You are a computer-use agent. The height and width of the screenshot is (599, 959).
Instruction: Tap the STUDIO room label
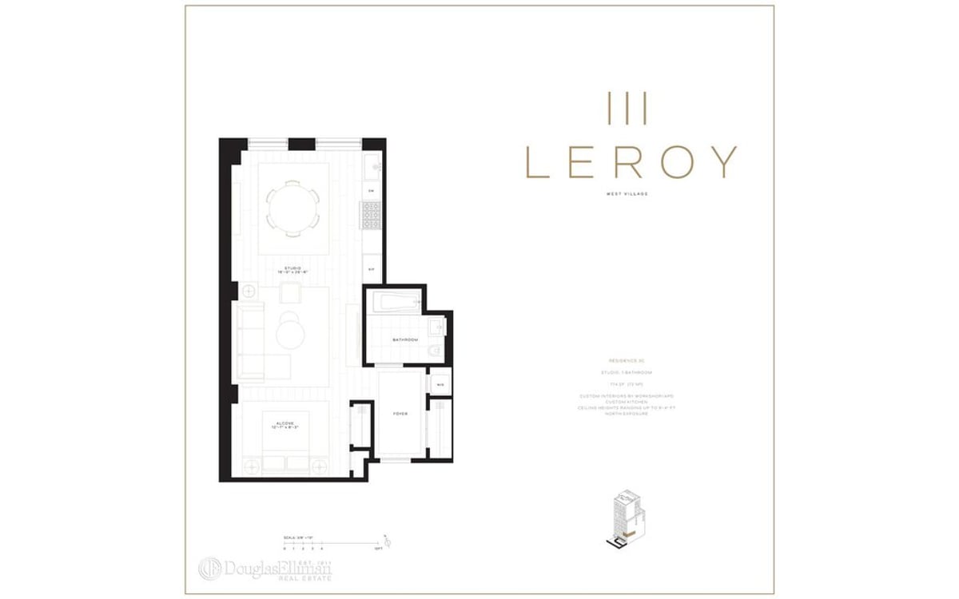(292, 269)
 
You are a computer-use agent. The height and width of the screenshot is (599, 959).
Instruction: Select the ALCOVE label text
(286, 423)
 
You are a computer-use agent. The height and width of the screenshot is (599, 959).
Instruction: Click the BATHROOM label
(405, 340)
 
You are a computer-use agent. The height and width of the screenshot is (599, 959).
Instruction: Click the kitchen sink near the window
(372, 167)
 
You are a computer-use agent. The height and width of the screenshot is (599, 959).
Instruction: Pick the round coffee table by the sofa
(290, 332)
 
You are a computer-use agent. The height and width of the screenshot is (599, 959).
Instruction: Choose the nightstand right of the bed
(320, 465)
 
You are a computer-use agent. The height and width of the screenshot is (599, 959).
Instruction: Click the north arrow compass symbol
(387, 541)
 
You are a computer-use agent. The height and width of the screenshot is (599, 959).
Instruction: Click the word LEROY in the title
(631, 162)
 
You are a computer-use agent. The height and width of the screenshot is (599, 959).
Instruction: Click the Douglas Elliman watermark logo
(265, 568)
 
